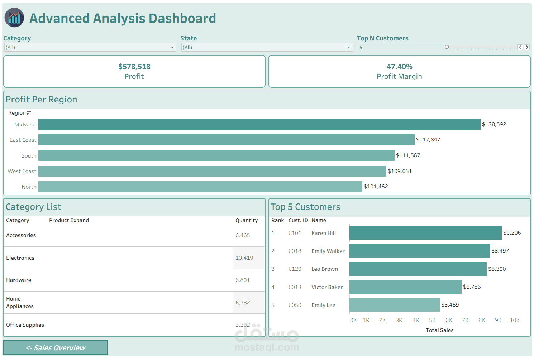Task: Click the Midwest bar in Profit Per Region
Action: [259, 124]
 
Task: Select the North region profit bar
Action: [200, 187]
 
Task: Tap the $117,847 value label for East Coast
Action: [428, 140]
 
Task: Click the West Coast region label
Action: [22, 171]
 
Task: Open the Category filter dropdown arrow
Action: [172, 47]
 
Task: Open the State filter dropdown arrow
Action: [349, 47]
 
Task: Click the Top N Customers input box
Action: [400, 47]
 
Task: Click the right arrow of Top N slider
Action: [527, 47]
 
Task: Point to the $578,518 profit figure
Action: [134, 67]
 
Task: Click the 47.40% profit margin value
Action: [399, 67]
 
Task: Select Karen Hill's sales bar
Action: [425, 233]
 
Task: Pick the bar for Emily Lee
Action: [394, 305]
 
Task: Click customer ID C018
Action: [295, 251]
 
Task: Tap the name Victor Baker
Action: [327, 287]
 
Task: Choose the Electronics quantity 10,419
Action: [244, 258]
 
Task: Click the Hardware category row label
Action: [19, 280]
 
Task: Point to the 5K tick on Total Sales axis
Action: [432, 320]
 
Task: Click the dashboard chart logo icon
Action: [14, 18]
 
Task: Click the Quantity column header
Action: [247, 220]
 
